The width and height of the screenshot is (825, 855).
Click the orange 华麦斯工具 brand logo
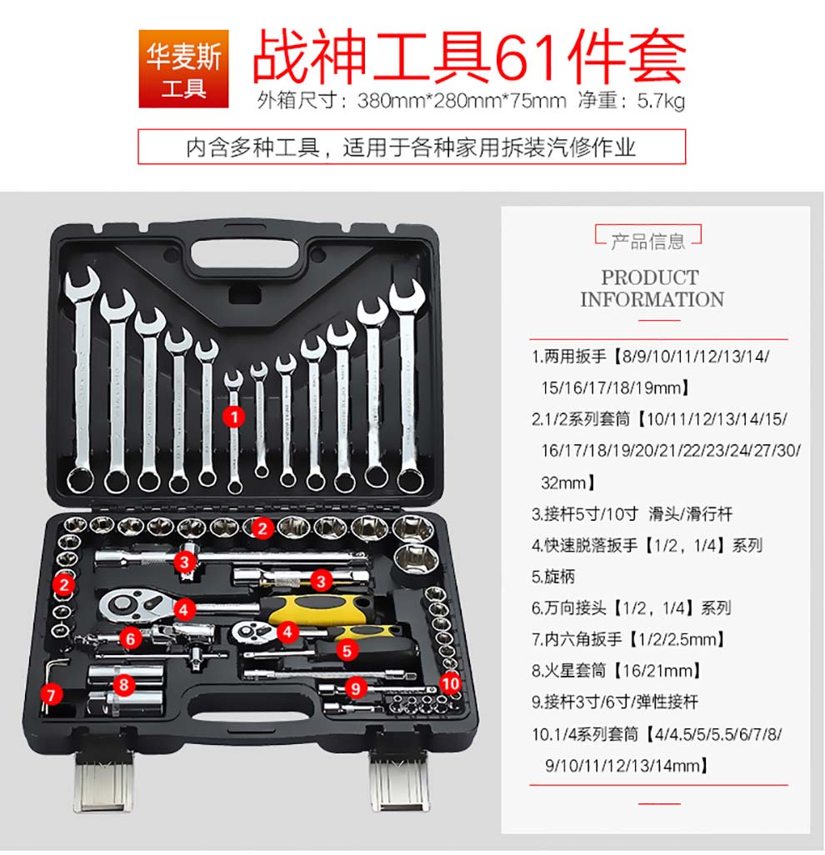(x=183, y=68)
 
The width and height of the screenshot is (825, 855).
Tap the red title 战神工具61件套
(x=469, y=56)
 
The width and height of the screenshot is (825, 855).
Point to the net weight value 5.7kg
(x=661, y=102)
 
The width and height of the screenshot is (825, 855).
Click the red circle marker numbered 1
(x=234, y=417)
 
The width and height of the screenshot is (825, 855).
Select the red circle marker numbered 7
(x=52, y=695)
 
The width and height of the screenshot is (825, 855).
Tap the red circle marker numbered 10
(x=450, y=683)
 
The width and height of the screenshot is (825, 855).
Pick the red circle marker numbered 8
(x=124, y=684)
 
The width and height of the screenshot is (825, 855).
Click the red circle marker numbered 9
(x=356, y=688)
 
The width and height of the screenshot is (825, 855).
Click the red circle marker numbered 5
(x=347, y=651)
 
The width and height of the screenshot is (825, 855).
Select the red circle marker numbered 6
(x=130, y=638)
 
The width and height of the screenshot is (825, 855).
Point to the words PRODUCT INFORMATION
(x=652, y=288)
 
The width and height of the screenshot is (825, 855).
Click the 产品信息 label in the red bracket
(x=647, y=242)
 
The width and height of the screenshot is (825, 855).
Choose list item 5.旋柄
(x=553, y=577)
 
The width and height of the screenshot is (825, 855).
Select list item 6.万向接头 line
(x=631, y=608)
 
